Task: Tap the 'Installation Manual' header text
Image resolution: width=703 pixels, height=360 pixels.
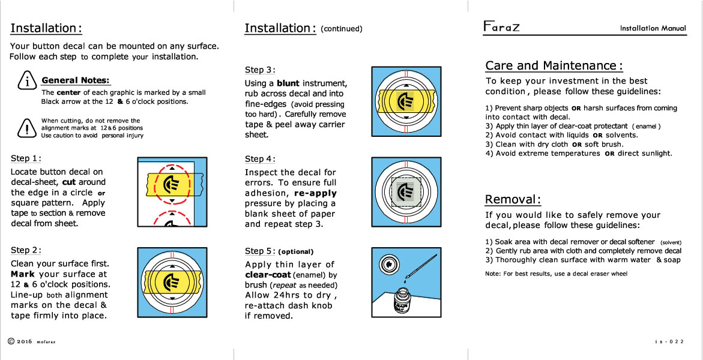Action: tap(653, 28)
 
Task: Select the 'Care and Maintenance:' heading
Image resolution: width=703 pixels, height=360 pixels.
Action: tap(554, 65)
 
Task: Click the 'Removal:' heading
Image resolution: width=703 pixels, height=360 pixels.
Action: tap(513, 199)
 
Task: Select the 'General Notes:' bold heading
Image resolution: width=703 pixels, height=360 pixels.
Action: tap(76, 80)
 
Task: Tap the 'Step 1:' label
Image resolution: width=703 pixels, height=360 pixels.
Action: tap(26, 158)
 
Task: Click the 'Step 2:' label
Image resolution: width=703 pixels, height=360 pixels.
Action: tap(26, 250)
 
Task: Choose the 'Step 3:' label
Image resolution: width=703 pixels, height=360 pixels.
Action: tap(260, 70)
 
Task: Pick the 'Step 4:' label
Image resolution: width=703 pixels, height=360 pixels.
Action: tap(260, 159)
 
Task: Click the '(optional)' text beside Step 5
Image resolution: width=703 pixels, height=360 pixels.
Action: tap(296, 251)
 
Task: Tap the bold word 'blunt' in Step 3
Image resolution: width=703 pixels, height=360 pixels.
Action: tap(288, 83)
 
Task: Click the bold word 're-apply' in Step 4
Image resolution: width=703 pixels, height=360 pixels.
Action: tap(315, 193)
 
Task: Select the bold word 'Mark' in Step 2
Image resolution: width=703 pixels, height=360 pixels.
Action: tap(23, 274)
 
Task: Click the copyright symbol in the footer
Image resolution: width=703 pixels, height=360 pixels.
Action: tap(11, 341)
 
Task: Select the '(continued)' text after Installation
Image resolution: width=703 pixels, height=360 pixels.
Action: tap(342, 29)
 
